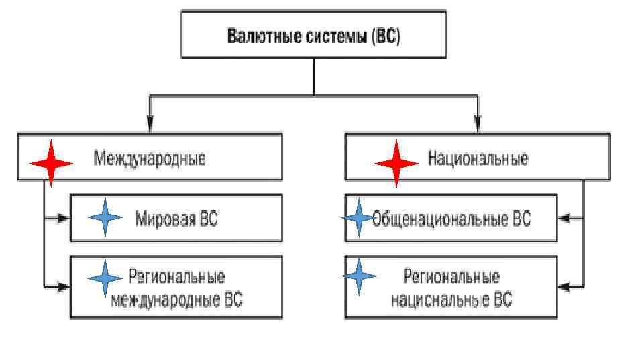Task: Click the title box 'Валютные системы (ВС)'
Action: [x=313, y=34]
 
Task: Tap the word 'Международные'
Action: [x=150, y=159]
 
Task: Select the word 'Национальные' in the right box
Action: [x=478, y=159]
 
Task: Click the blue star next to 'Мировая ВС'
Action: [x=105, y=217]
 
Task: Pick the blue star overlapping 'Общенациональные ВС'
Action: [x=359, y=218]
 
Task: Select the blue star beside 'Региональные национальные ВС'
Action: [x=360, y=276]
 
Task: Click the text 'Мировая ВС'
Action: [x=176, y=219]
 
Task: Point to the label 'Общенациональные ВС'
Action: [x=451, y=219]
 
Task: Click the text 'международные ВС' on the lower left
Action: [x=176, y=300]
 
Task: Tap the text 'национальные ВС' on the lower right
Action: [x=451, y=300]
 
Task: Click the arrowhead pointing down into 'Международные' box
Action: [x=150, y=125]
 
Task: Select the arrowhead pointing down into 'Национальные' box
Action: [x=478, y=125]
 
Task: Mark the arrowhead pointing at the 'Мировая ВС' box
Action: [x=64, y=218]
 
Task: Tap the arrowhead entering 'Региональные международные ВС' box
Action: [x=64, y=287]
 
